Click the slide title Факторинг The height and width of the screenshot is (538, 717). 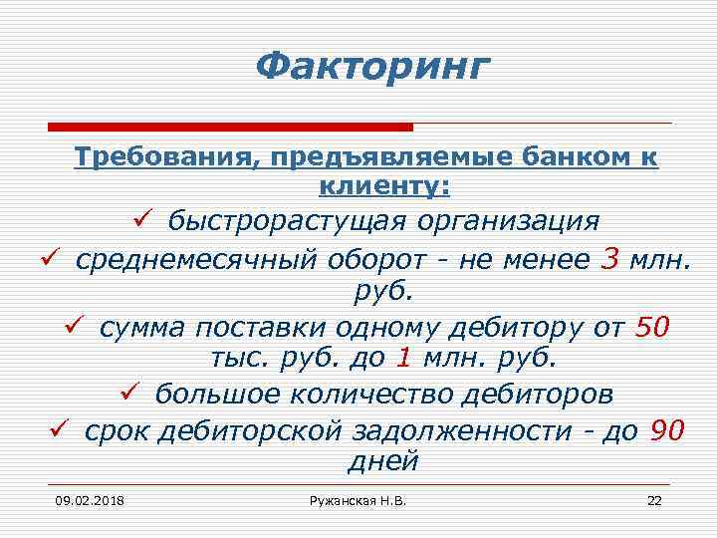pos(372,68)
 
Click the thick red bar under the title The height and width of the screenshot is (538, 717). pos(230,127)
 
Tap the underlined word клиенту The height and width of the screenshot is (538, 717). pos(382,185)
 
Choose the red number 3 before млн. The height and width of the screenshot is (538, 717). pos(610,258)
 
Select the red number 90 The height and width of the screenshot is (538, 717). pos(667,429)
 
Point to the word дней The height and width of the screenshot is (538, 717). pos(382,461)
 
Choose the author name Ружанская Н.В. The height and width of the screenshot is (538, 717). pos(359,499)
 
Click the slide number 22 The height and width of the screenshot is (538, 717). pos(653,499)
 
